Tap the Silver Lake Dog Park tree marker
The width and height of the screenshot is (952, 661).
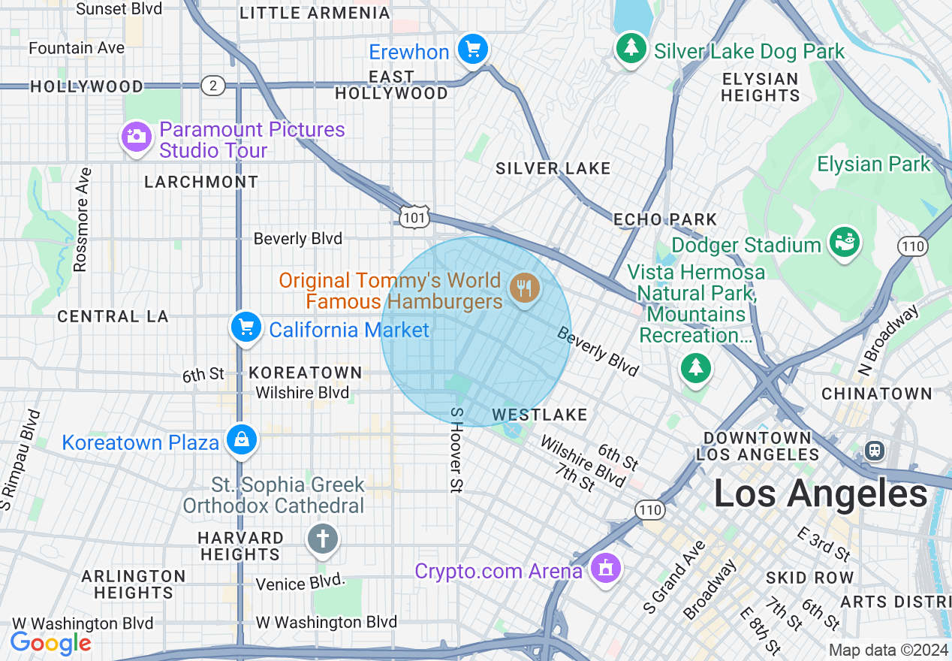(x=631, y=49)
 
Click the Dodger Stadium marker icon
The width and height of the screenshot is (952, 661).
(x=844, y=242)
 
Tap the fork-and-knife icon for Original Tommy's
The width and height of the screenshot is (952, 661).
(x=524, y=288)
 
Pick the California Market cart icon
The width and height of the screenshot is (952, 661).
(x=246, y=327)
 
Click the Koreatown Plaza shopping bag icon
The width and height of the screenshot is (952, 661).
(x=242, y=440)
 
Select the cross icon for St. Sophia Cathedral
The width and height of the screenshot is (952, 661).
(x=323, y=539)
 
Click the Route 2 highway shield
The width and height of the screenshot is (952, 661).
(x=213, y=86)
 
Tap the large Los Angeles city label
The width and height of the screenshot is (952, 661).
(x=821, y=494)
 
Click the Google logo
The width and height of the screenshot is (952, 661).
(x=50, y=643)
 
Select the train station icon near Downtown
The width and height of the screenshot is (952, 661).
(x=875, y=450)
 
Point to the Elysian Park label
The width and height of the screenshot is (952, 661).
(x=873, y=164)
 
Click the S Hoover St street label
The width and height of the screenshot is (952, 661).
(x=456, y=450)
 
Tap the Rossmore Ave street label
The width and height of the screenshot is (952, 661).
(x=82, y=219)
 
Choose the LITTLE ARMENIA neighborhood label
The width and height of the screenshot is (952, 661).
(x=315, y=14)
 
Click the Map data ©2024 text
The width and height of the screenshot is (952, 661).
(x=889, y=650)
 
